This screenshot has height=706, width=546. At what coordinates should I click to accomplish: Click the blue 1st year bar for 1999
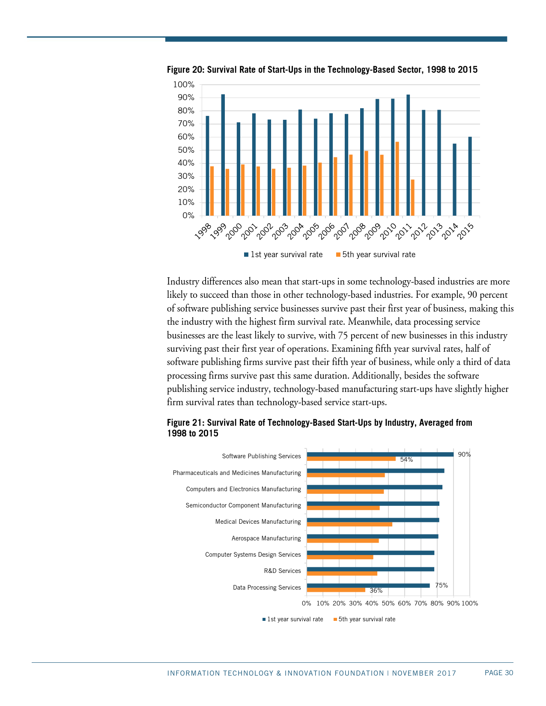(x=223, y=155)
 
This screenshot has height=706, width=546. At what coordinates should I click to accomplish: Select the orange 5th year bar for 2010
(x=397, y=179)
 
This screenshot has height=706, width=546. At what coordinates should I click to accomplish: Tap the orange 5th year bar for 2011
(x=413, y=198)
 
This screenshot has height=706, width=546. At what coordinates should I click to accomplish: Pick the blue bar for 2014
(x=454, y=180)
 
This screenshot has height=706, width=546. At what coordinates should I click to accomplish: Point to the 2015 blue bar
(x=470, y=176)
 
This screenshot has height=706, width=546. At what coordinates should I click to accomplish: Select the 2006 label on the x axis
(x=327, y=231)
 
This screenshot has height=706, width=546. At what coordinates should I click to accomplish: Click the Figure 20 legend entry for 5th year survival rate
(x=376, y=255)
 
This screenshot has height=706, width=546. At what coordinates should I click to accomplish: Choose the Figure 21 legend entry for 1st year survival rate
(x=293, y=619)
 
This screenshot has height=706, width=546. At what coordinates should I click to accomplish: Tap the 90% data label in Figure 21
(x=464, y=454)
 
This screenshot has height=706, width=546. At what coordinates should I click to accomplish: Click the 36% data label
(x=376, y=590)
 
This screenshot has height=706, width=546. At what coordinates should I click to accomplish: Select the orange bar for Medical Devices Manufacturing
(x=349, y=524)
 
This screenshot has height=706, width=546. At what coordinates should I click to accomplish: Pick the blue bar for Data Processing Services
(x=368, y=586)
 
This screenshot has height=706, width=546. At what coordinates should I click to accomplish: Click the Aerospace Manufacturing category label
(x=266, y=538)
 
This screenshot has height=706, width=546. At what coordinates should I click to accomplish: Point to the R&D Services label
(x=282, y=571)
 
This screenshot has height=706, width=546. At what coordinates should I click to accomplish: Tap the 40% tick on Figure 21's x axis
(x=372, y=603)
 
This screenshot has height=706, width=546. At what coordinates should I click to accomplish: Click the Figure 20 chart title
(x=322, y=70)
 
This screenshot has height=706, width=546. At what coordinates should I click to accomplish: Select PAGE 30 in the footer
(x=498, y=673)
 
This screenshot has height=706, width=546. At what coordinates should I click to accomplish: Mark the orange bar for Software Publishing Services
(x=351, y=459)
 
